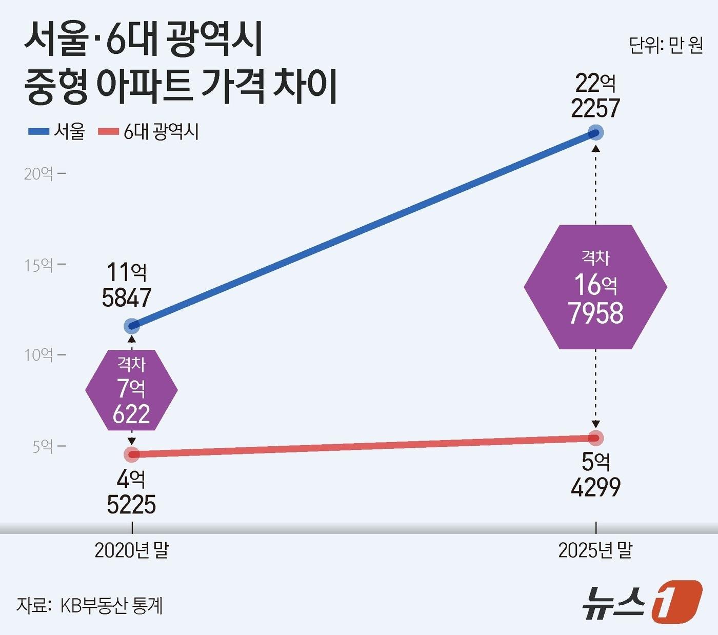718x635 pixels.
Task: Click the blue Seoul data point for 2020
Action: coord(132,326)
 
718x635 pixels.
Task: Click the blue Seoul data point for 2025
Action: coord(595,133)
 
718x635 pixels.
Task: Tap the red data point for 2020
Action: coord(132,454)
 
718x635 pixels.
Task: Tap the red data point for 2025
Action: coord(595,438)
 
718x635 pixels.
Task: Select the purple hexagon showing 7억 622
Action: coord(131,390)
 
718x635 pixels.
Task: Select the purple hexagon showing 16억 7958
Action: coord(595,287)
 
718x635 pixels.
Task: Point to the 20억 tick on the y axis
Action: coord(44,174)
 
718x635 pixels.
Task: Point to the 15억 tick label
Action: coord(44,265)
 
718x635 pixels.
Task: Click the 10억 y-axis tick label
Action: coord(44,355)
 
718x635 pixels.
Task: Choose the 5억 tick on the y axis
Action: coord(48,446)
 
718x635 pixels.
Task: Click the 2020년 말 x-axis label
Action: coord(132,550)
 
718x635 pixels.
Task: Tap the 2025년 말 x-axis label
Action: coord(595,550)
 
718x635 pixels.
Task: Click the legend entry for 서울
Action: coord(57,132)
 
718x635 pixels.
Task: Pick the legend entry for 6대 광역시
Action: coord(149,132)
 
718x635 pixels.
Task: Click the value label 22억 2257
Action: coord(595,96)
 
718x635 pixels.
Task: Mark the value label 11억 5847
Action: coord(127,285)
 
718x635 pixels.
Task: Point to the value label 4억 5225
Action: coord(131,492)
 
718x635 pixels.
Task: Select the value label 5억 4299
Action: coord(595,474)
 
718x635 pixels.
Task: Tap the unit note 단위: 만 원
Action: coord(666,46)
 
